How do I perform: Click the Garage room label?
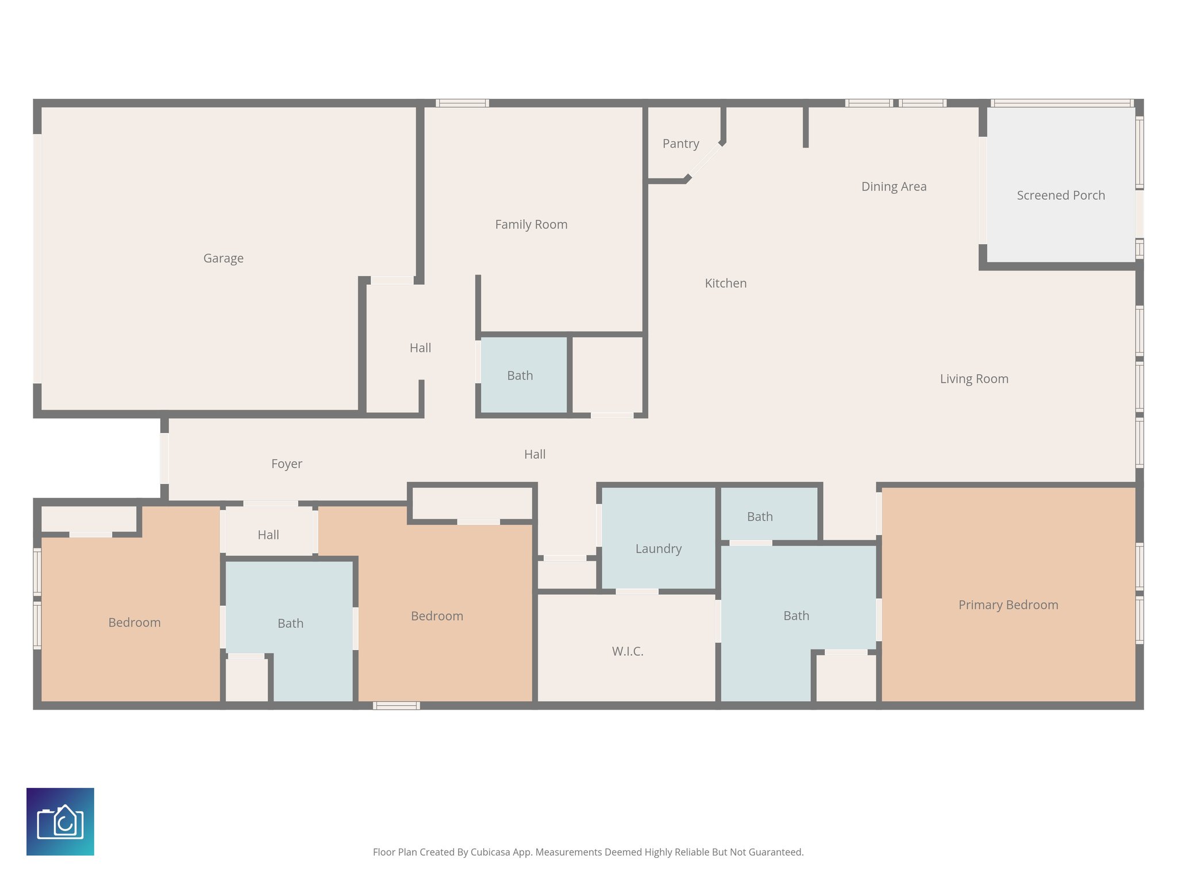223,258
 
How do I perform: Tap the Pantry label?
680,144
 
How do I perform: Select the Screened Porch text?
1060,195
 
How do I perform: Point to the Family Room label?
531,225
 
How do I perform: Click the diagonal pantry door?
705,161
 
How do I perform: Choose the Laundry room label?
658,548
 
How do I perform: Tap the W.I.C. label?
627,651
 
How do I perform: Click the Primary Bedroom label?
1008,605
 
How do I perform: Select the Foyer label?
286,463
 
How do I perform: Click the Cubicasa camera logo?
60,821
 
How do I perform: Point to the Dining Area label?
894,187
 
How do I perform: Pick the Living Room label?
974,379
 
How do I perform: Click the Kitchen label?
725,283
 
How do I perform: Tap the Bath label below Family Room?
520,376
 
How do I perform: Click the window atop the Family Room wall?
462,103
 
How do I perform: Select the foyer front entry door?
164,458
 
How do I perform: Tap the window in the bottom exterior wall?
396,706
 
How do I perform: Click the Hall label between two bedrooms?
268,535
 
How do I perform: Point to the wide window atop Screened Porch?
1062,103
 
